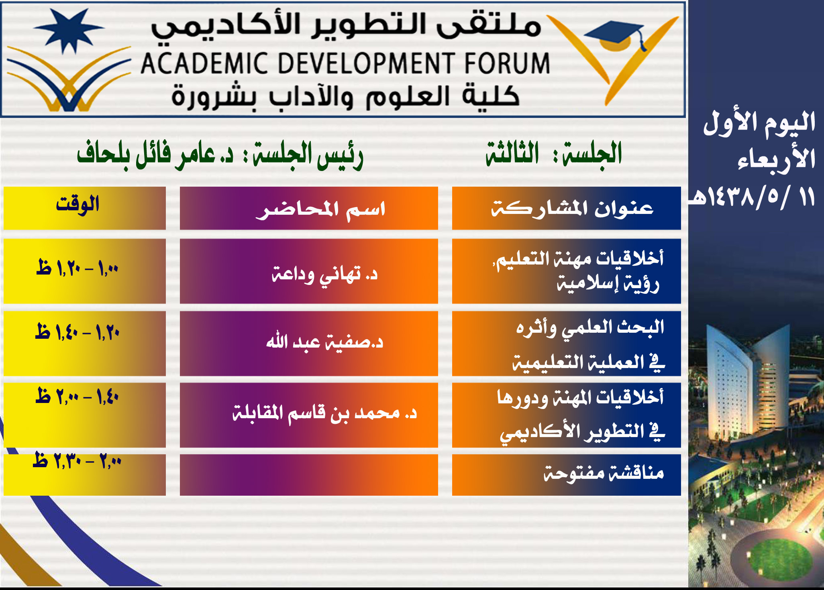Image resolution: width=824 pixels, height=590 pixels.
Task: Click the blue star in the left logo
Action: tap(69, 30)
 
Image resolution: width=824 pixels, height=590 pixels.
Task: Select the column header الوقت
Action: tap(78, 204)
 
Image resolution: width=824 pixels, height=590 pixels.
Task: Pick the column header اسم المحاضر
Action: tap(320, 210)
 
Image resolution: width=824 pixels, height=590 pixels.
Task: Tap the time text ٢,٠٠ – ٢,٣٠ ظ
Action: tap(77, 460)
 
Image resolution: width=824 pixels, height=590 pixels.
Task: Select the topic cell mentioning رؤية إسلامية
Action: tap(567, 271)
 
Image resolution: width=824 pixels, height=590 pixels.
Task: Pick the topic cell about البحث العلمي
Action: tap(567, 344)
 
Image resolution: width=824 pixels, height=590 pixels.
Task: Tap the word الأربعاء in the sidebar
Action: tap(776, 159)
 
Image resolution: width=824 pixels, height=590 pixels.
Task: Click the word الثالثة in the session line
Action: tap(512, 154)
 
